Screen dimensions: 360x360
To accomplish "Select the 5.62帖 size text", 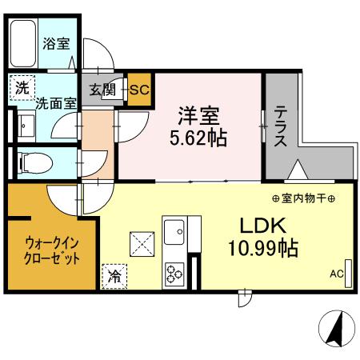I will (198, 137).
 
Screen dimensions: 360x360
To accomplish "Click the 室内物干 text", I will (303, 198).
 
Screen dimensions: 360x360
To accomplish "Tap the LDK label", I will (256, 226).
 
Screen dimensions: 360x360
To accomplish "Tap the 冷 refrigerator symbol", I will (114, 276).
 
